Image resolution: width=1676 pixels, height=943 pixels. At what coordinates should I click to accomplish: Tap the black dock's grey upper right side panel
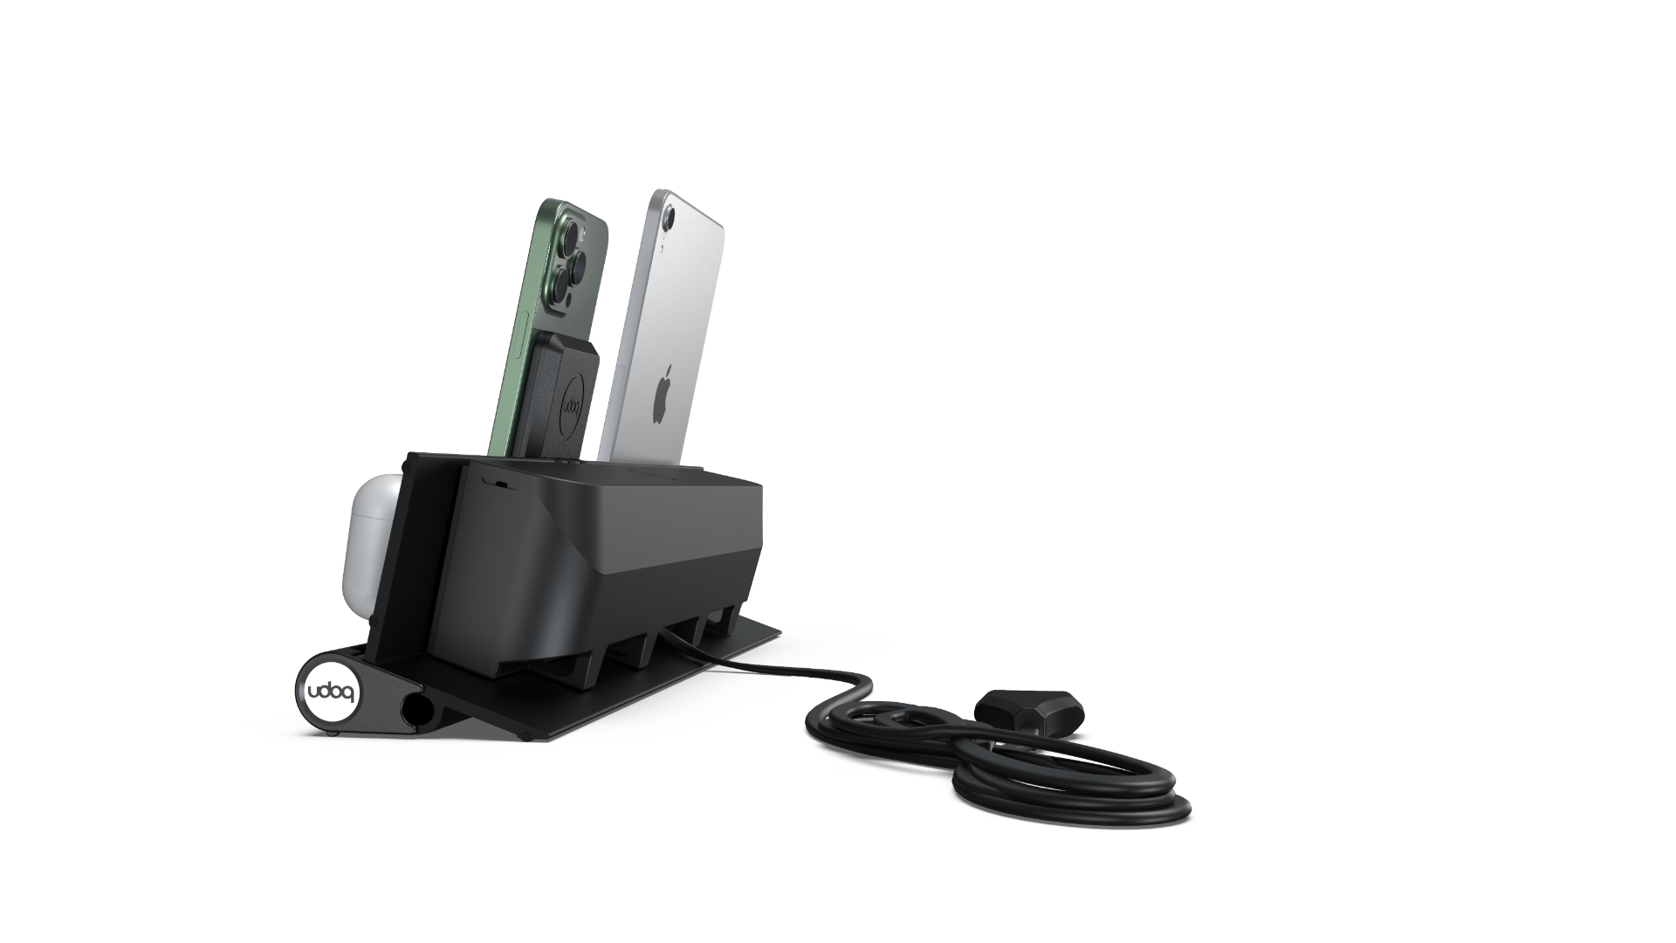click(690, 533)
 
